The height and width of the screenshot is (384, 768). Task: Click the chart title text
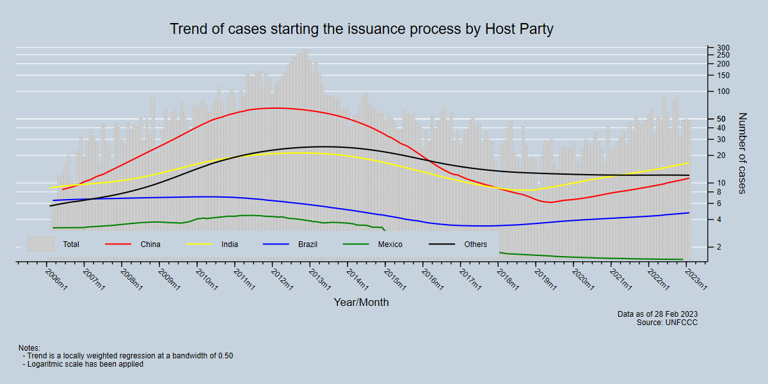361,29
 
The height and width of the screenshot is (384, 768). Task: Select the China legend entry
150,244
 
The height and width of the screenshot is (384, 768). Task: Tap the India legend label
230,244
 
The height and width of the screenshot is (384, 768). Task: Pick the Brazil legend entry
307,244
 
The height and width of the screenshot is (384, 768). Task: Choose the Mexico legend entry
390,244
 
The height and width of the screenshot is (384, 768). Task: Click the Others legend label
476,244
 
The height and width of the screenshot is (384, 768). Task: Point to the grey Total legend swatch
40,244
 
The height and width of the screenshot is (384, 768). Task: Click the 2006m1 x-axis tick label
56,280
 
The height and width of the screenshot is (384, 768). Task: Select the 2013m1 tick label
319,280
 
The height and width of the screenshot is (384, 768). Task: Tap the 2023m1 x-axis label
696,280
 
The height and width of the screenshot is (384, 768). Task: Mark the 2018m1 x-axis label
508,280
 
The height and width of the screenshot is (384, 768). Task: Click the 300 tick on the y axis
723,48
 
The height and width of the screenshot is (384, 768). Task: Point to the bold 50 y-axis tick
721,119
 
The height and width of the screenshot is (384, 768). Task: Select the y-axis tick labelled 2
719,247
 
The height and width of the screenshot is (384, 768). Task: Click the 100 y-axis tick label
723,92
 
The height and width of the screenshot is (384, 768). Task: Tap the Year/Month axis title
361,302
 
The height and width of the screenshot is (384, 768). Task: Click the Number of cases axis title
742,154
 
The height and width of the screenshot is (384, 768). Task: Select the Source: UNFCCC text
667,323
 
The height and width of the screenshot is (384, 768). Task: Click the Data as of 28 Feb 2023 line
657,314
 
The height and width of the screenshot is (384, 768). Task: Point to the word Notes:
29,348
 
